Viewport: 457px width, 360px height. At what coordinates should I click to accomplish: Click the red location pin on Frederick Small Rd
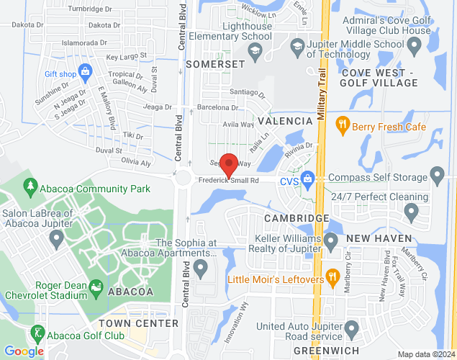pos(229,165)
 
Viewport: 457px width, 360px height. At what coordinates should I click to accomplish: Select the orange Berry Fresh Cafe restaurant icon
pos(343,125)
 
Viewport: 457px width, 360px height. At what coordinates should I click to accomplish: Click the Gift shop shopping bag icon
pos(86,71)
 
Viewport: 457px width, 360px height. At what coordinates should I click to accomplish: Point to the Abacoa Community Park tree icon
pos(30,188)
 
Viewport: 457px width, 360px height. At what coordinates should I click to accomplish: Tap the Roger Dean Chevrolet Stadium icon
pos(95,290)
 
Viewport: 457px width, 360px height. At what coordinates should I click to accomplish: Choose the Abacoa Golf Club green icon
pos(37,333)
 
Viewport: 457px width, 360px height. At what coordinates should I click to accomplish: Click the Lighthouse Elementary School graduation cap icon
pos(254,50)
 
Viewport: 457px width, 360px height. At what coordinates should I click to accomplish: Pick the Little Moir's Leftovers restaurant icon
pos(332,276)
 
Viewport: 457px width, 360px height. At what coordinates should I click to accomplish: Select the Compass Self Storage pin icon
pos(437,176)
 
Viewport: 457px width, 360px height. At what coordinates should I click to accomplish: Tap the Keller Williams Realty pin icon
pos(331,240)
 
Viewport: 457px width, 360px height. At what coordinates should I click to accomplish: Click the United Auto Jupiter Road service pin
pos(352,330)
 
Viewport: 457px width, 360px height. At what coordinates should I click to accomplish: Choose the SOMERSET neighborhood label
pos(210,64)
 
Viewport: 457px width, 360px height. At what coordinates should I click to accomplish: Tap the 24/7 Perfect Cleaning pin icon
pos(411,212)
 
